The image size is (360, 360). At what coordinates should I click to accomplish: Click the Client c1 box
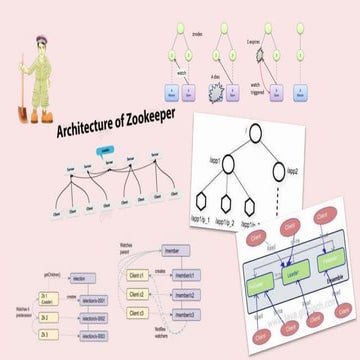143,274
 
